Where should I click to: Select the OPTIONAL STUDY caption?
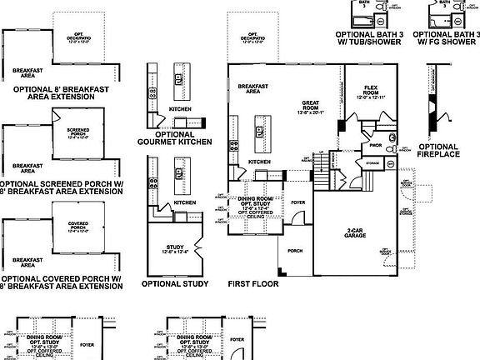pos(173,283)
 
